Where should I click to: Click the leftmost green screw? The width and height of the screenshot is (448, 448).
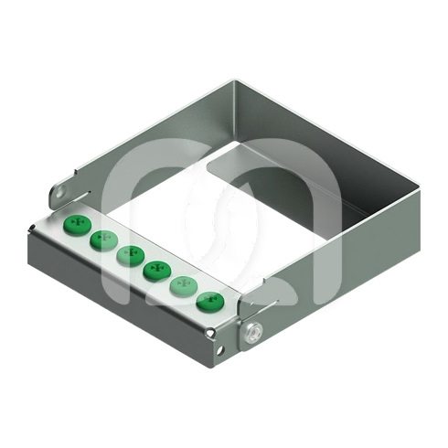click(75, 223)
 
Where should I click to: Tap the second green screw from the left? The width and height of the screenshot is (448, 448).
click(101, 240)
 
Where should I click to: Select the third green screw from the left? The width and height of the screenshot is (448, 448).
click(128, 254)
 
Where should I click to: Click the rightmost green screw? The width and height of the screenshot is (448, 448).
click(209, 300)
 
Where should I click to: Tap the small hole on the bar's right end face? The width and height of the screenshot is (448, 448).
click(219, 348)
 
